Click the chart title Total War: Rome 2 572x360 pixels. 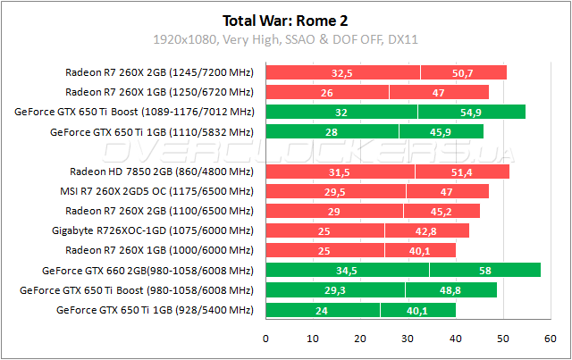[x=286, y=19]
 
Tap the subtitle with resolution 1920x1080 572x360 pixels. [x=286, y=39]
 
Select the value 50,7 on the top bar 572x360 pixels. [x=463, y=72]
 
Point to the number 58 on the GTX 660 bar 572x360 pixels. [x=484, y=270]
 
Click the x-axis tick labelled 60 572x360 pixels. [x=550, y=339]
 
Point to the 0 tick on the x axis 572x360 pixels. [x=265, y=339]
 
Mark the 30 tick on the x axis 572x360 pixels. [x=408, y=339]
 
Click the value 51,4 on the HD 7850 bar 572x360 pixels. [x=462, y=172]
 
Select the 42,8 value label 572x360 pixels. [x=426, y=230]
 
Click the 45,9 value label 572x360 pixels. [x=442, y=131]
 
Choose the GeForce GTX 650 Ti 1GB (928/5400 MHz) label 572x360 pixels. [x=155, y=309]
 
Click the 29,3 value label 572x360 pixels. [x=334, y=289]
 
